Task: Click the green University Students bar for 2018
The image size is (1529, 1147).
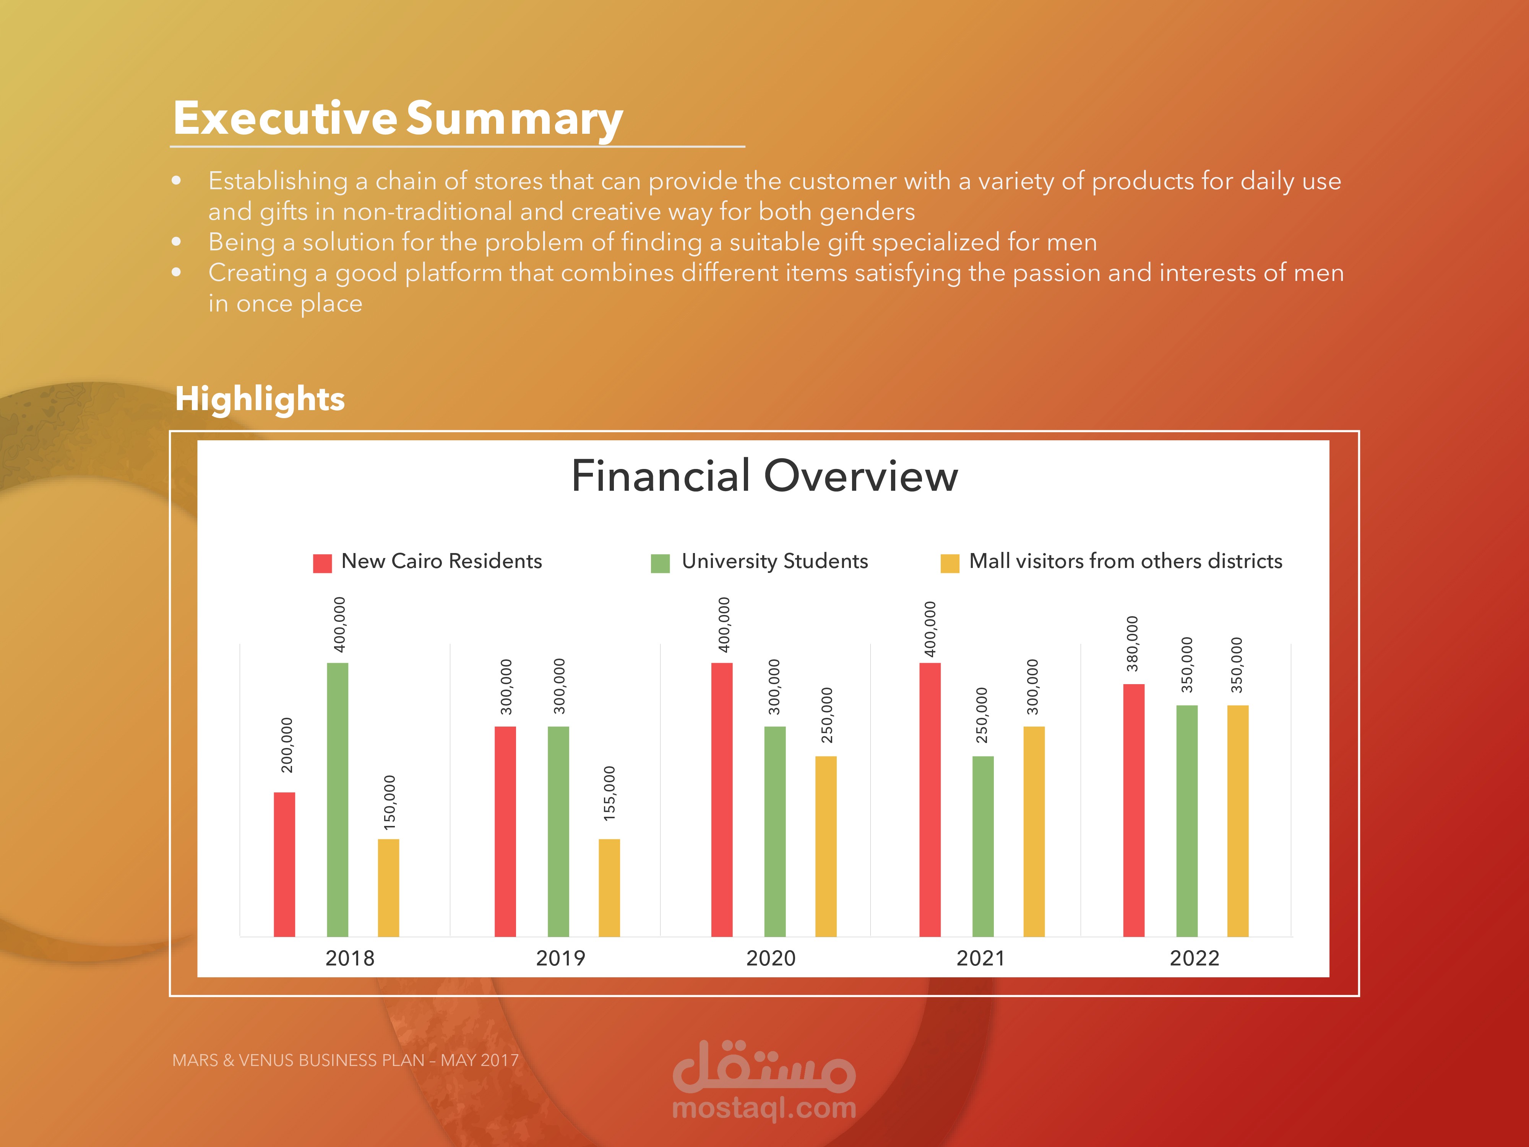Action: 337,800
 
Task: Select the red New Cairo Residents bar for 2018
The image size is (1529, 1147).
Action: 284,865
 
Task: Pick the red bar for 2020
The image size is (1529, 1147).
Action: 722,800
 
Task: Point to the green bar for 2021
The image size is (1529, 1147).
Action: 983,847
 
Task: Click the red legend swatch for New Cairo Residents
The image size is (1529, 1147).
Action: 322,563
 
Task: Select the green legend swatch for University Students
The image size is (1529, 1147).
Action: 660,563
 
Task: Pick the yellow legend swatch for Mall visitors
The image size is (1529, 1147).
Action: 950,563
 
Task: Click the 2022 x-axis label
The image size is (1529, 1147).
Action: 1194,958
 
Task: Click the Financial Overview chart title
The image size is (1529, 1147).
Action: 764,476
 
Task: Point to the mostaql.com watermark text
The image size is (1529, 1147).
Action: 764,1108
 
